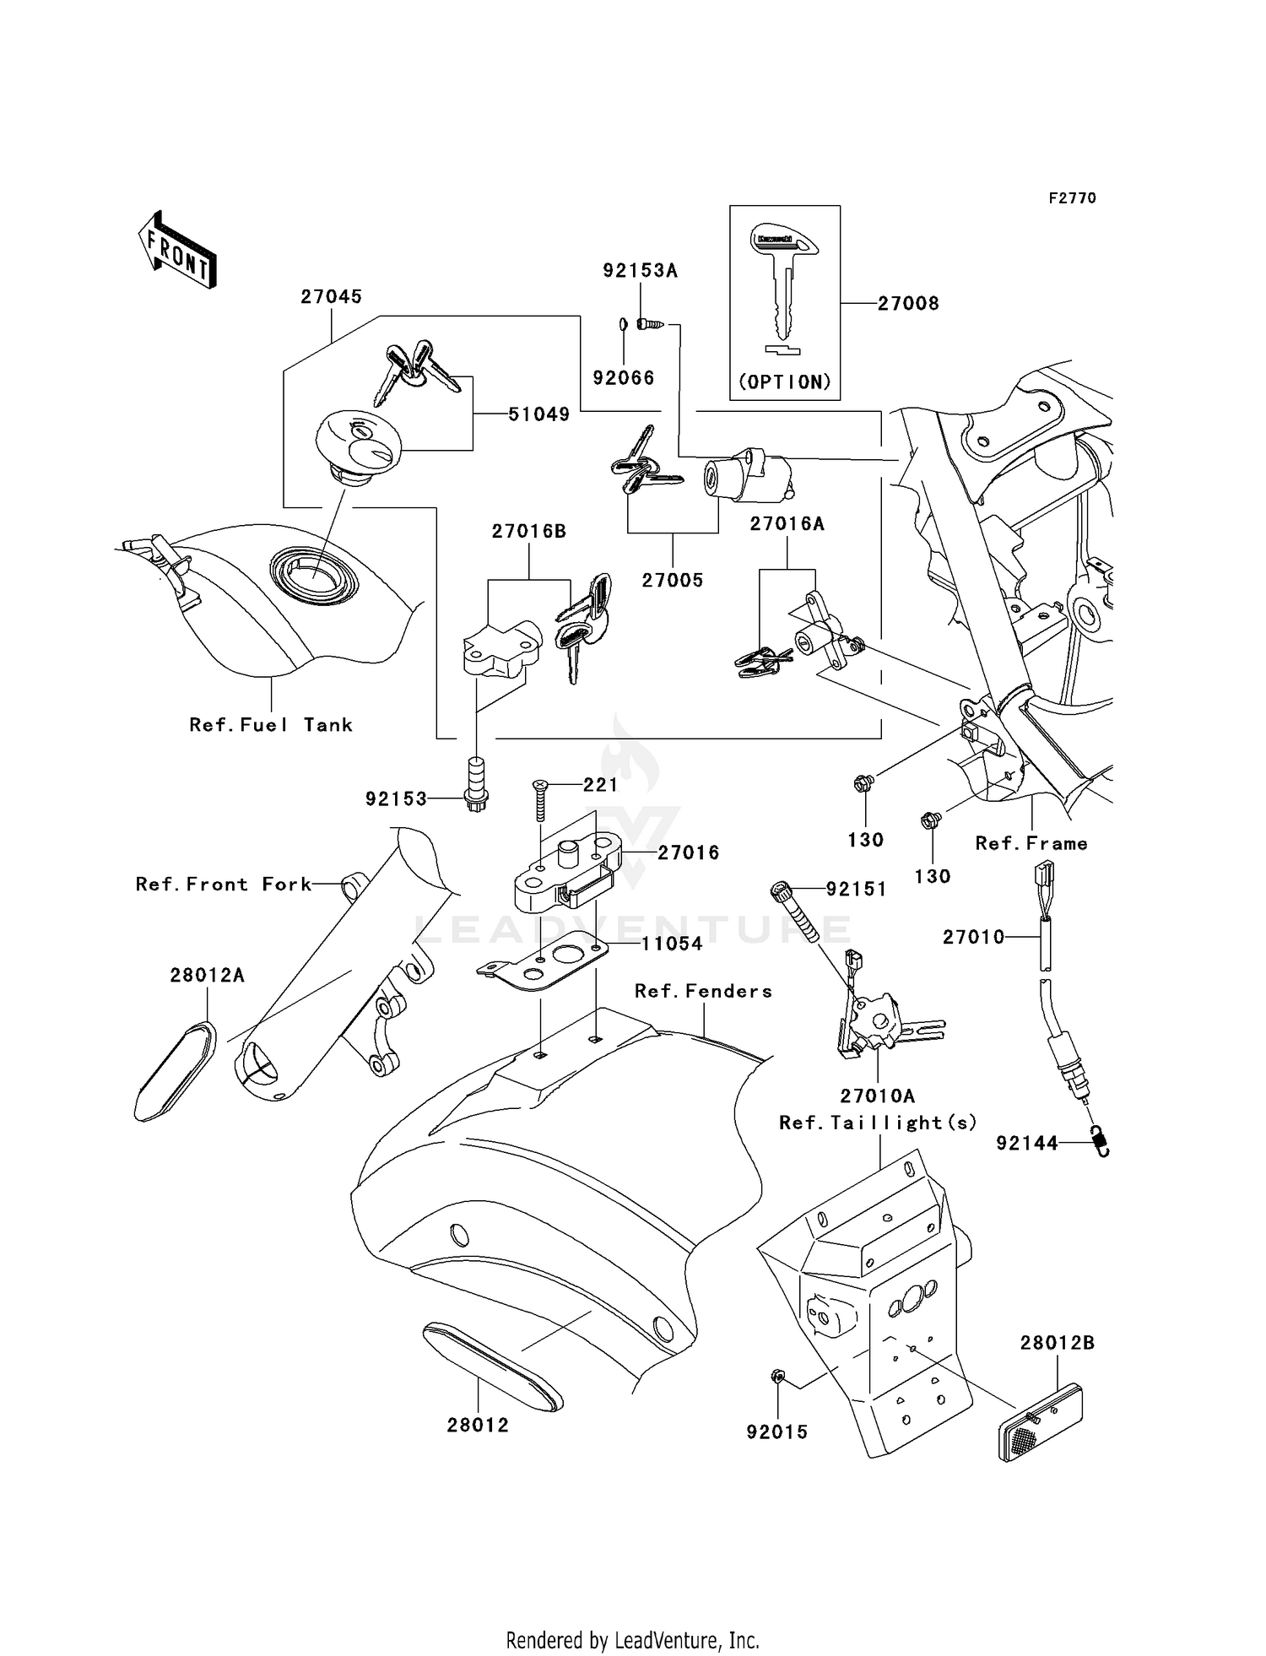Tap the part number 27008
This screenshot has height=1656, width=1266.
(x=908, y=304)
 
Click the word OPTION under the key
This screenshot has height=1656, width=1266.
(x=785, y=382)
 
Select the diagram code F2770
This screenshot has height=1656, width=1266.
(x=1072, y=198)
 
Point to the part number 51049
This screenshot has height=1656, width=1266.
(x=538, y=414)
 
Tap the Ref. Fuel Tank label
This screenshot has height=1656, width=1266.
(x=271, y=725)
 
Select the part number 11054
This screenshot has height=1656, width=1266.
(x=672, y=944)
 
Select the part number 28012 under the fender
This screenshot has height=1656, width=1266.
(x=478, y=1425)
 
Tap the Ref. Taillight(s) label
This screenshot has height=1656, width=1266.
(x=878, y=1123)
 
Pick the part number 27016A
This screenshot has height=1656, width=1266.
(x=787, y=524)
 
